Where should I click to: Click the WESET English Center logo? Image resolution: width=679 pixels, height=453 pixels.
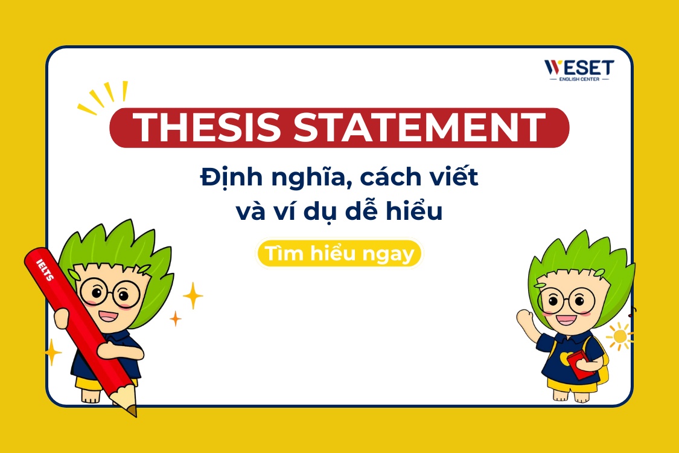[579, 70]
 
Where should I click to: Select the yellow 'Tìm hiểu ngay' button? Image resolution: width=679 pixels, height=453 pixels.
[340, 254]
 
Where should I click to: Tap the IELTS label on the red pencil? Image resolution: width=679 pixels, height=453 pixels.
[45, 270]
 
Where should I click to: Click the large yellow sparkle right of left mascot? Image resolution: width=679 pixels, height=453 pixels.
[193, 295]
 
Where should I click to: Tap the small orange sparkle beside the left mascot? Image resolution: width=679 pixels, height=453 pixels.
[176, 318]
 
